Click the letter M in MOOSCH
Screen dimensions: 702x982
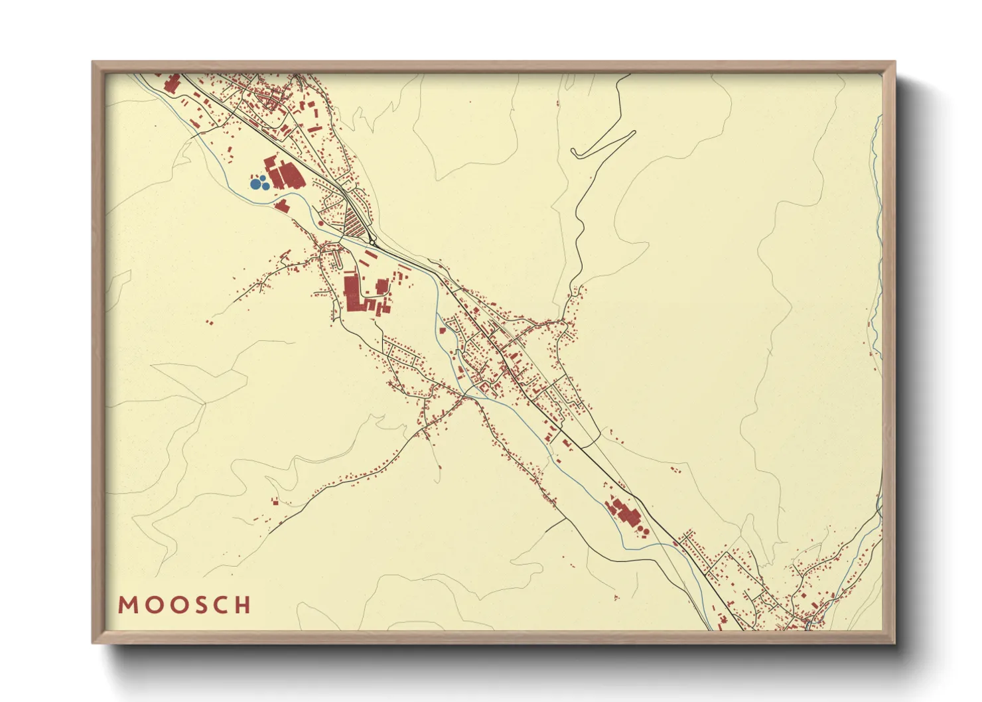click(126, 605)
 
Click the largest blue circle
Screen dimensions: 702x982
click(255, 184)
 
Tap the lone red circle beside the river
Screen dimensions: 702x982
click(321, 224)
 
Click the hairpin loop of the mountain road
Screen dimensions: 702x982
click(575, 153)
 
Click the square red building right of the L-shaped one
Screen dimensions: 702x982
click(382, 287)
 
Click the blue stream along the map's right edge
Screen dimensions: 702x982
click(877, 199)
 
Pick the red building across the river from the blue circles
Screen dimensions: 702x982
click(282, 205)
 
